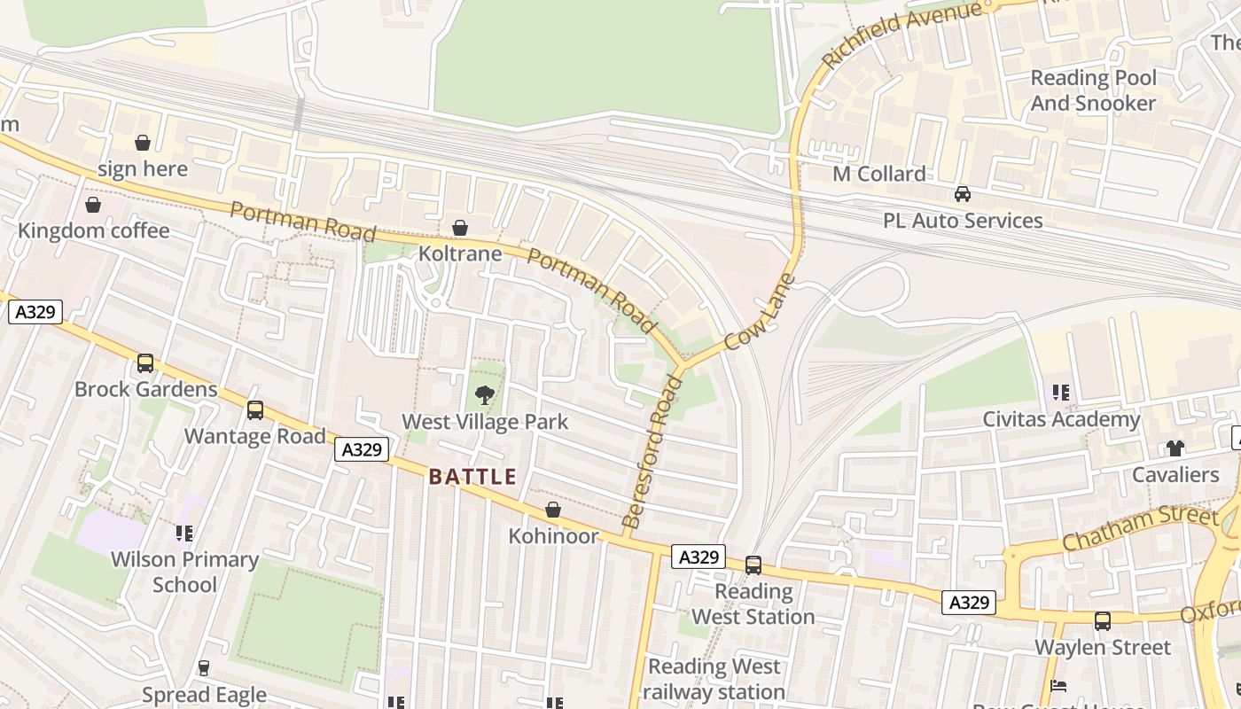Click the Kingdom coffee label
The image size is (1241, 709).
(x=93, y=230)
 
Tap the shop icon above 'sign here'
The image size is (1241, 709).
(x=143, y=143)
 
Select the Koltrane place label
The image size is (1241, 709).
(x=460, y=253)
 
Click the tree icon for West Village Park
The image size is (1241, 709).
(x=484, y=394)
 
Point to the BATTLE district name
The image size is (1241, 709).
(x=472, y=477)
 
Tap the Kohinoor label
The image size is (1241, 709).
(x=553, y=536)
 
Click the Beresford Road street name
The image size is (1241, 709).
(x=654, y=452)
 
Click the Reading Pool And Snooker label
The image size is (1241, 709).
(x=1093, y=90)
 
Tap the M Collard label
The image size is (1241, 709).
(x=878, y=174)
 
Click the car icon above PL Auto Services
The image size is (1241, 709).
(x=962, y=194)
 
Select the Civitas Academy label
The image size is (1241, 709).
(x=1061, y=419)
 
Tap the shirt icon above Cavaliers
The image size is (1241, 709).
(x=1175, y=449)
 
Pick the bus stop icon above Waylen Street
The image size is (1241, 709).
(x=1102, y=621)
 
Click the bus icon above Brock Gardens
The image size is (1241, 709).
(x=144, y=363)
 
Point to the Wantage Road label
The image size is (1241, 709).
(x=255, y=436)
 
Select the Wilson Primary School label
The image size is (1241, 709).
(x=184, y=572)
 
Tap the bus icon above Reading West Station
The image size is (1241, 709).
(x=753, y=565)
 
